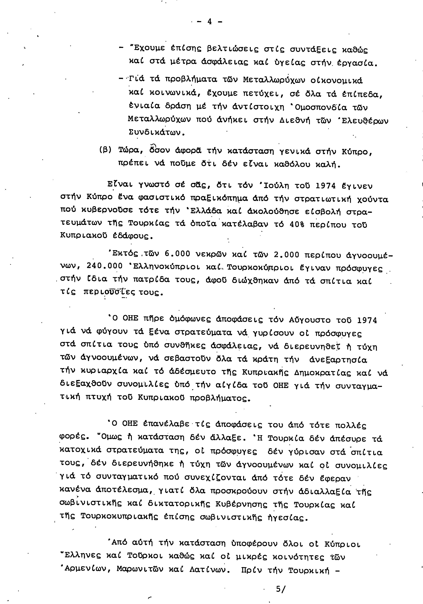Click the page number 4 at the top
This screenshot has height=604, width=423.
pos(210,22)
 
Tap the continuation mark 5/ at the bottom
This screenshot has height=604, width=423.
pos(280,589)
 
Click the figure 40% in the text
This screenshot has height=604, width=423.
pos(297,224)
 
